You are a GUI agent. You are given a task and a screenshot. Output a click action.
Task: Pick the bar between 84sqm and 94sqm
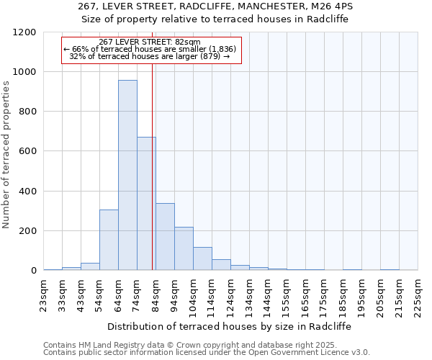click(165, 237)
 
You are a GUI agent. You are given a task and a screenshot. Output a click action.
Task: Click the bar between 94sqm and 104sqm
click(184, 248)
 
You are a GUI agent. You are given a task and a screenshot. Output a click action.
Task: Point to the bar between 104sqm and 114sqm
click(202, 258)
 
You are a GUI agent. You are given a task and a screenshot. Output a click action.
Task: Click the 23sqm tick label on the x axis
click(44, 293)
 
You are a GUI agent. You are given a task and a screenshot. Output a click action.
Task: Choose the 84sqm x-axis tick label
click(156, 293)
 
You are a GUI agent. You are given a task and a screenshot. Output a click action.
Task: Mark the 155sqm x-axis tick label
click(287, 293)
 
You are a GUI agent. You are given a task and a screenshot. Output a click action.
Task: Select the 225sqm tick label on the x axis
click(418, 293)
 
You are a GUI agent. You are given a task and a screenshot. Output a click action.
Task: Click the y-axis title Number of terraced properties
click(7, 155)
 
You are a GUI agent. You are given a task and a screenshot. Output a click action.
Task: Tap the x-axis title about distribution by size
click(230, 326)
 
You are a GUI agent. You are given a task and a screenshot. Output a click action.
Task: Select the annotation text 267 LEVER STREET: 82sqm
click(150, 42)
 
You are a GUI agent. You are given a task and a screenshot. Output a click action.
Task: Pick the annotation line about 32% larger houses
click(150, 56)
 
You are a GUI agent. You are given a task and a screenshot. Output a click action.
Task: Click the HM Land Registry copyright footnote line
click(194, 345)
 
